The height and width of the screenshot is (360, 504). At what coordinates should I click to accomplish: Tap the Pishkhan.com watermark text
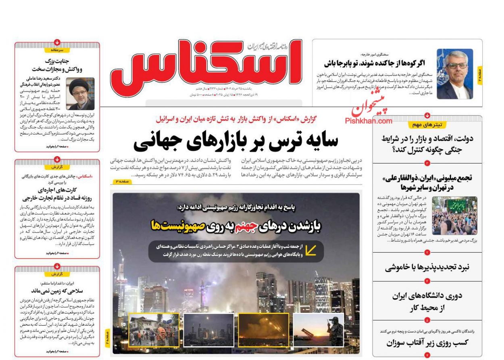pos(368,121)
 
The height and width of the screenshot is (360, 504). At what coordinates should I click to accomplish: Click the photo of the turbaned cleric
pos(81,94)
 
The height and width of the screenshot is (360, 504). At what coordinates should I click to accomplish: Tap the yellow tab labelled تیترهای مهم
pos(427,125)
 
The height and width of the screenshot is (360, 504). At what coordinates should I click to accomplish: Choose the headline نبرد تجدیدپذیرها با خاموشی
pos(427,267)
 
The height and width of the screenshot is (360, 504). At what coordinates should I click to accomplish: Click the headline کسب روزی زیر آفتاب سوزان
pos(427,343)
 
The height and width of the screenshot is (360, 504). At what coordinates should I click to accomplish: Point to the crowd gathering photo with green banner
pos(454,216)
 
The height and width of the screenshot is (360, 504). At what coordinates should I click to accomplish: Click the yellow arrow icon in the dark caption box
pos(310,251)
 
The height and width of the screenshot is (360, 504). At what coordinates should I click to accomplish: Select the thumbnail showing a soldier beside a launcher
pos(318,329)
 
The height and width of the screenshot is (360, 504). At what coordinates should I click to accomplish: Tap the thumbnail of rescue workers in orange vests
pos(154,329)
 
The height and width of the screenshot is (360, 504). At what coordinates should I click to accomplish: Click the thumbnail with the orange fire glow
pos(263,329)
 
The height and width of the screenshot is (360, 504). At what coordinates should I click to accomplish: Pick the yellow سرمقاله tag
pos(57,50)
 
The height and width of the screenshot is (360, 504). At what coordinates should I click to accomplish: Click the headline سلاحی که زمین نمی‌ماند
pos(57,291)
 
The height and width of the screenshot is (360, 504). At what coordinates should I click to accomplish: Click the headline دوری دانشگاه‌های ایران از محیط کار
pos(427,301)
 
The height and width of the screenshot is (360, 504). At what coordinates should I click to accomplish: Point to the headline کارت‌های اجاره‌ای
pos(57,190)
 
